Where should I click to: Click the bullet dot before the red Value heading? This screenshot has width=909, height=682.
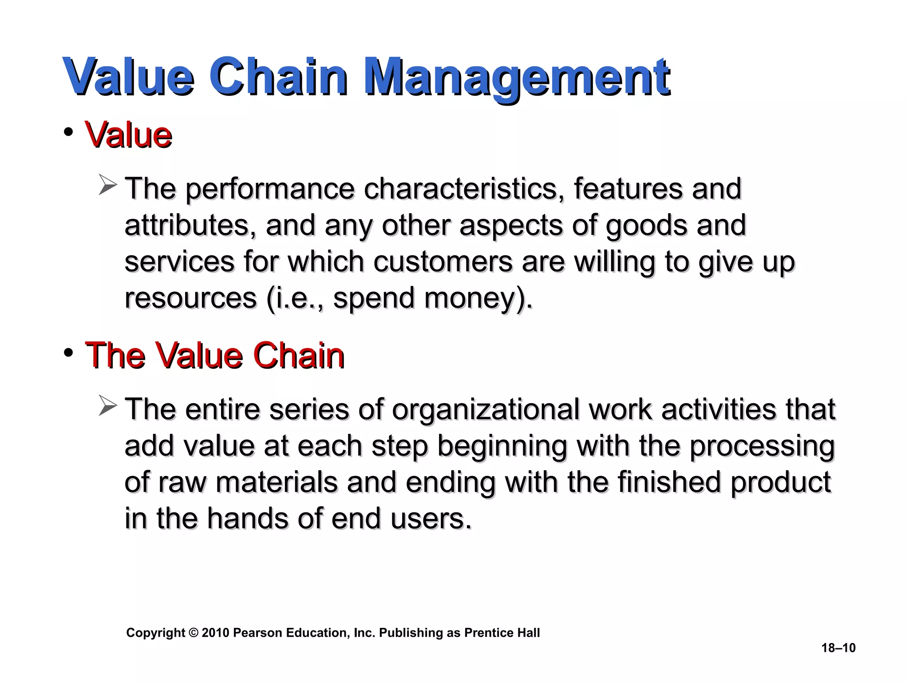click(x=68, y=132)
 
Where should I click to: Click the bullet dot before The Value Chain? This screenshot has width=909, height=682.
click(x=68, y=353)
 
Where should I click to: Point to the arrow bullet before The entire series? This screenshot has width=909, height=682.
click(x=108, y=405)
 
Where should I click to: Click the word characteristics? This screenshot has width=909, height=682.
click(x=464, y=189)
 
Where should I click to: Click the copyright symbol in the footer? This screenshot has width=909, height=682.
click(x=193, y=633)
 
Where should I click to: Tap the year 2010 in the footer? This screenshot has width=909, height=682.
click(x=216, y=633)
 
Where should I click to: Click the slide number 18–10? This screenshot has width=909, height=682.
click(x=838, y=648)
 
